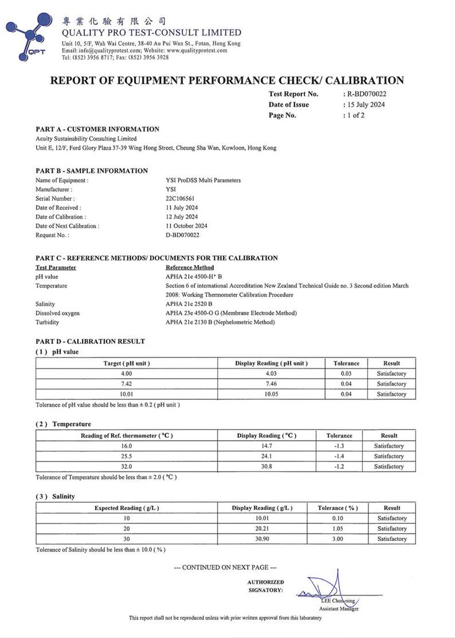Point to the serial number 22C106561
tap(179, 198)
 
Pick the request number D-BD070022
tap(182, 235)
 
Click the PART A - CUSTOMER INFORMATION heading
tap(97, 129)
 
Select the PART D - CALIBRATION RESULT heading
tap(90, 341)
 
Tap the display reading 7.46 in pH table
tap(271, 384)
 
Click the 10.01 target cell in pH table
tap(127, 394)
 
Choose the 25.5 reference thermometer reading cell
tap(127, 456)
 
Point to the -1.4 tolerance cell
tap(339, 456)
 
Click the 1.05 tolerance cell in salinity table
tap(338, 529)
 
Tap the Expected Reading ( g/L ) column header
tap(127, 508)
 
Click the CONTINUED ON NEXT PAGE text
tap(225, 567)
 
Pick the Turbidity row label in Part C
tap(48, 322)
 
